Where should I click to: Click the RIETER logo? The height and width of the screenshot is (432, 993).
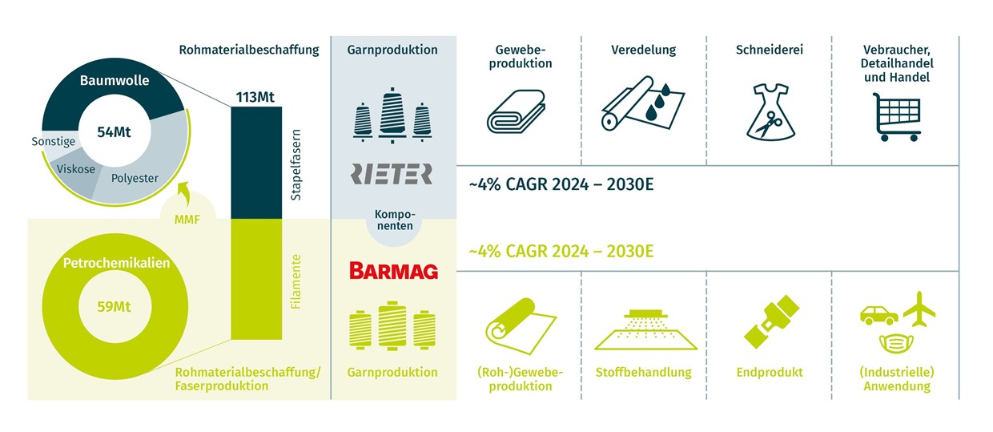click(392, 174)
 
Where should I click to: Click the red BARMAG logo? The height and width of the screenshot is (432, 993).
click(392, 271)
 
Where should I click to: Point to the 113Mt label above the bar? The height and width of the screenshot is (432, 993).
click(255, 98)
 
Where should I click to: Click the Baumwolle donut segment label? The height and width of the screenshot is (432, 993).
click(115, 81)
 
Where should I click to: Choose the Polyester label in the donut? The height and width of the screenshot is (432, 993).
click(135, 178)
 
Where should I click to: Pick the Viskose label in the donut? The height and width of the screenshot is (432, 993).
click(76, 169)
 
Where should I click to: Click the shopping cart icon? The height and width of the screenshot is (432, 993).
click(895, 115)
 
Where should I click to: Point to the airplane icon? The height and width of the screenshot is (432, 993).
click(919, 308)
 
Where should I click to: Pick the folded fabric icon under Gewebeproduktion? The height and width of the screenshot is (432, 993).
click(515, 111)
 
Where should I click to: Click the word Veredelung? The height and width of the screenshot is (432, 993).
click(643, 50)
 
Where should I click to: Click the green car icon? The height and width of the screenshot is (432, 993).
click(878, 313)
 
